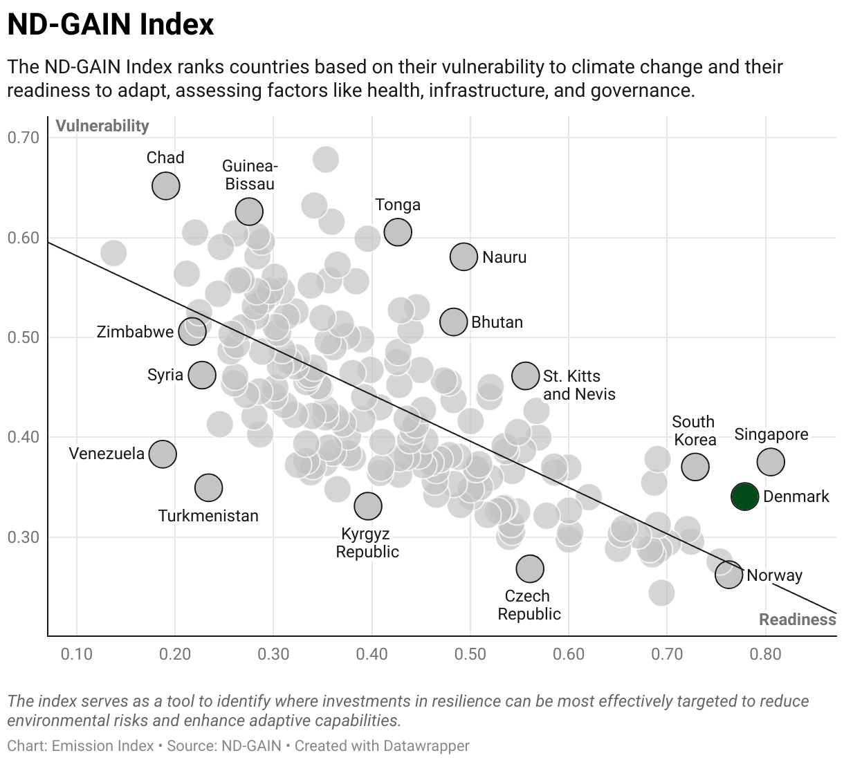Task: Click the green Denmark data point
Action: (x=744, y=496)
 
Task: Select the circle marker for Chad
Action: (x=166, y=186)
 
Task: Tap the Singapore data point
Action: (x=771, y=461)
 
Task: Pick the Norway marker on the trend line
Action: (x=728, y=574)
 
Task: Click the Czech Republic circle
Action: (x=530, y=568)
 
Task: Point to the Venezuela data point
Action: (x=163, y=454)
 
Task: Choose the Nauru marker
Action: (x=464, y=257)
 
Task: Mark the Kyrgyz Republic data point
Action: (x=368, y=506)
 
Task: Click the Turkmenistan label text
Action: (x=208, y=516)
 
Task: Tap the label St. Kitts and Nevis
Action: (x=579, y=385)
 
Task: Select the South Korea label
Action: (x=694, y=431)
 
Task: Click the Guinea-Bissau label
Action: (x=250, y=175)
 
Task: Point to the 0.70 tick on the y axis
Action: (x=24, y=138)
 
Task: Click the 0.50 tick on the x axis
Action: (x=470, y=654)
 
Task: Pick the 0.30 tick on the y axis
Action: (x=24, y=537)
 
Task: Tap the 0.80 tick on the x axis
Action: (x=766, y=654)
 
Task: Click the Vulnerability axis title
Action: (x=102, y=126)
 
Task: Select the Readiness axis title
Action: (x=798, y=620)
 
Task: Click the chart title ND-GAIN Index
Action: (x=111, y=25)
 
